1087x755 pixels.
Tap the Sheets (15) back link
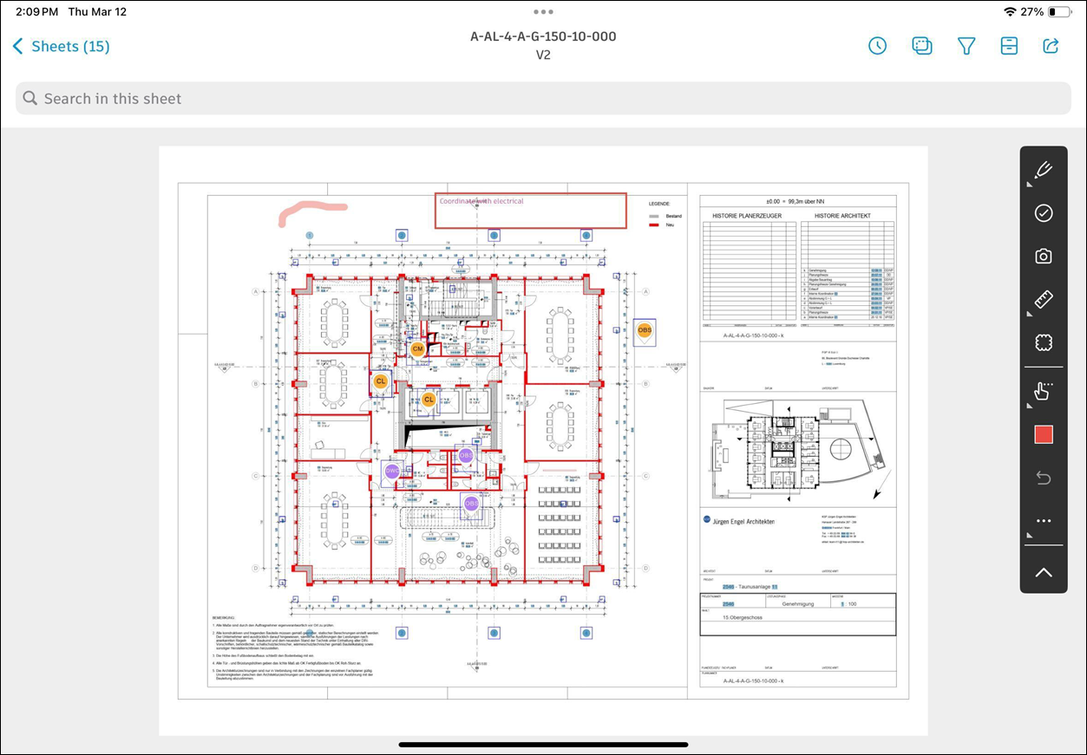pos(62,47)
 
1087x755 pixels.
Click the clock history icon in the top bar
pos(878,46)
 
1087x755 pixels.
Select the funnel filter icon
pos(966,46)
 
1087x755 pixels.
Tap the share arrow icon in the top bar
pos(1051,46)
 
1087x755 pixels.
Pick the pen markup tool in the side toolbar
pos(1044,170)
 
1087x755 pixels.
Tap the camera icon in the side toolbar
pos(1044,257)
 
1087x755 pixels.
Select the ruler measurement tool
pos(1044,300)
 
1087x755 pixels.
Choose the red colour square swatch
pos(1044,434)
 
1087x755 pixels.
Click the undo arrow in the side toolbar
pos(1044,478)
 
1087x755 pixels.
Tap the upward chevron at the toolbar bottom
pos(1044,572)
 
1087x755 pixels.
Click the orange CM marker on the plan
pos(418,349)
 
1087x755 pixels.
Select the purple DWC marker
pos(392,471)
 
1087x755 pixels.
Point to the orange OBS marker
pos(645,330)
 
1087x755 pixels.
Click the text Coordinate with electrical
pos(481,201)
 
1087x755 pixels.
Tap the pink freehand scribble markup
pos(311,210)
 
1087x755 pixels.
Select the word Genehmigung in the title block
pos(798,603)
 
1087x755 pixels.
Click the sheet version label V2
pos(543,55)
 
